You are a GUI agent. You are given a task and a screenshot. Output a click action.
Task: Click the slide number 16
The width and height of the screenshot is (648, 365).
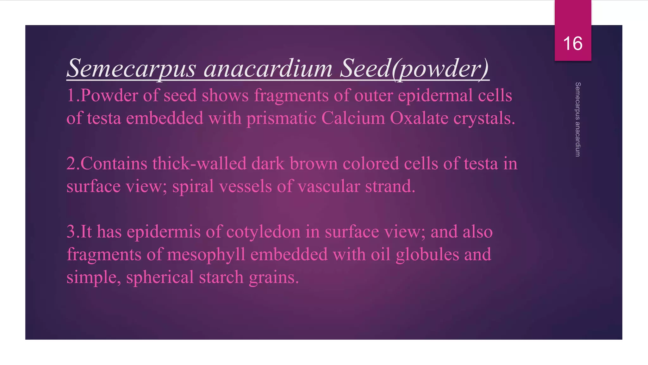point(573,43)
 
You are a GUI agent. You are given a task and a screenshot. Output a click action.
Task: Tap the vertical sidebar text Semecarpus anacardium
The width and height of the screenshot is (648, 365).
point(578,119)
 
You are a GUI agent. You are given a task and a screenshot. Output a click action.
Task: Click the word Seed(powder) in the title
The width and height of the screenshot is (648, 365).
point(414,68)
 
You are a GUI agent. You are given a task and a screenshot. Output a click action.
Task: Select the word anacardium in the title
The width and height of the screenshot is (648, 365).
point(268,68)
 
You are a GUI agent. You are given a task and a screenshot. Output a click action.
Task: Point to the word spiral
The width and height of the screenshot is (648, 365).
point(193,187)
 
